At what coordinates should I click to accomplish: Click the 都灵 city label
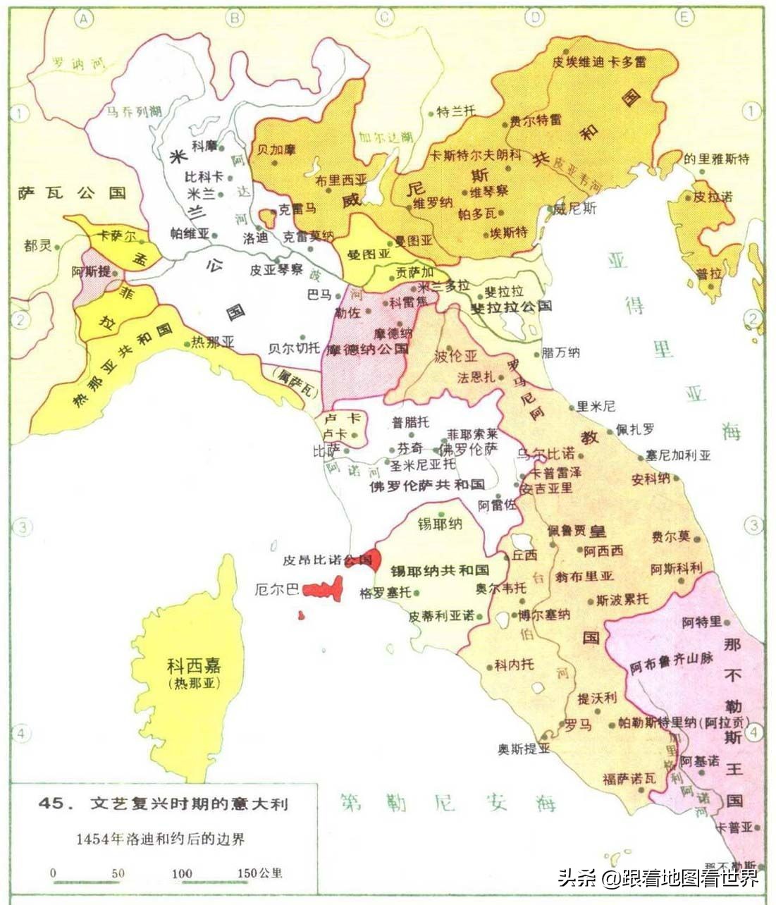point(37,246)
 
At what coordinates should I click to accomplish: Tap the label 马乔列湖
point(133,111)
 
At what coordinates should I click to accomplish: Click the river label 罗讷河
point(78,64)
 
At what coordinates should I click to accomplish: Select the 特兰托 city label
point(456,111)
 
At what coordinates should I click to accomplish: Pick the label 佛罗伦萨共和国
point(427,485)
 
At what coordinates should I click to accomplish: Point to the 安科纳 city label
point(650,479)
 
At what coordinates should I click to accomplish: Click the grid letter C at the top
point(385,18)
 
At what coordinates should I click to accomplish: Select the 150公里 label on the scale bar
point(259,873)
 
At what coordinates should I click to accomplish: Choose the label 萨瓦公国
point(72,192)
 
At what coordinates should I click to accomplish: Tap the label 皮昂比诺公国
point(326,560)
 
